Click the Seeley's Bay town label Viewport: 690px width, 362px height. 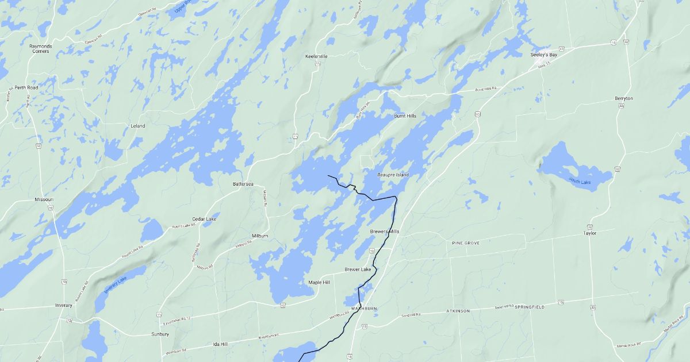pos(543,55)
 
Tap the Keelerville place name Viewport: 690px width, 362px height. pos(316,56)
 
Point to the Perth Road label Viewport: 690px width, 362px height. pos(26,87)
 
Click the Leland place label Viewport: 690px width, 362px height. pos(138,125)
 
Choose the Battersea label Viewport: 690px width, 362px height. pos(243,184)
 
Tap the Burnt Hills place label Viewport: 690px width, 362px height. pos(405,116)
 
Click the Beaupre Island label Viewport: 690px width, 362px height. pos(393,175)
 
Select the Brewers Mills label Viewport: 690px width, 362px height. pos(385,231)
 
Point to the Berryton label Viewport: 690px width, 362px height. pos(623,98)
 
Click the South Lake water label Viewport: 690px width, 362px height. pos(580,182)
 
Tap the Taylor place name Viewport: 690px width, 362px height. pos(590,233)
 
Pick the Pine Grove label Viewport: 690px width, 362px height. pos(466,243)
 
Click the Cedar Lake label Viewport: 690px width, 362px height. pos(204,219)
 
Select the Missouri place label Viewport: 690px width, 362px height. pos(44,199)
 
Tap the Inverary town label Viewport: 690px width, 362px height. pos(63,305)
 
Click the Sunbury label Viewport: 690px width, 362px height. pos(160,334)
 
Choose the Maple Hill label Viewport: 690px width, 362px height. pos(319,283)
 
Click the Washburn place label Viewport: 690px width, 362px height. pos(363,309)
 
